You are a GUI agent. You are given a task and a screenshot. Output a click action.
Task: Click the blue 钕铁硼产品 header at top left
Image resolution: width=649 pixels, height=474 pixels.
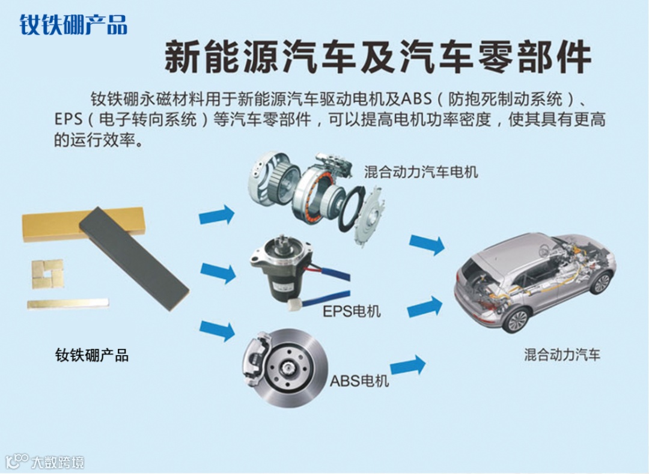[x=73, y=25]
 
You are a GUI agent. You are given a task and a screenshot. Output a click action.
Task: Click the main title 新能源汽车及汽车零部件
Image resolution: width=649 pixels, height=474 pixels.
[x=377, y=57]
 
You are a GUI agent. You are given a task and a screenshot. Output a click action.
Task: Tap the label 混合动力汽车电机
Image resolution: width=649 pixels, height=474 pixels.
[x=421, y=172]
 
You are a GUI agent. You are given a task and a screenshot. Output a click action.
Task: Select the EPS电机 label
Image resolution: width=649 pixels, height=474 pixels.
[x=352, y=311]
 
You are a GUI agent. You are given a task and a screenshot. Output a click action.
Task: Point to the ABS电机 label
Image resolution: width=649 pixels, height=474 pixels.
[x=359, y=380]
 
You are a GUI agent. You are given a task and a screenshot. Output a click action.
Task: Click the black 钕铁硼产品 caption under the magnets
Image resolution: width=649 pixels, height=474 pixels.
[x=92, y=355]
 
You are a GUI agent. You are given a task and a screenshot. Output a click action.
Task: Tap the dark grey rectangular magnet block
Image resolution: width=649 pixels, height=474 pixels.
[x=133, y=258]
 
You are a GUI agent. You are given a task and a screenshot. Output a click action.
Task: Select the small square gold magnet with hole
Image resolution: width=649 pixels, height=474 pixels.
[x=47, y=274]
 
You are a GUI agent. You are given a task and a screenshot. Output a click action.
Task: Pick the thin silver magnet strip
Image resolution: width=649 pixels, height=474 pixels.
[x=68, y=304]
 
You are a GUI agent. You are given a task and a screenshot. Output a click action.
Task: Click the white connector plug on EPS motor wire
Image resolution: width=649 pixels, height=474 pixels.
[x=295, y=306]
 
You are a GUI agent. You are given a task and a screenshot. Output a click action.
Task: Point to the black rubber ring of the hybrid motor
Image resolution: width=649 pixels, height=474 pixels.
[x=352, y=209]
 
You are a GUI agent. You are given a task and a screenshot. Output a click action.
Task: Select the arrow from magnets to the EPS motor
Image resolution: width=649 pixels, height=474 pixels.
[x=218, y=272]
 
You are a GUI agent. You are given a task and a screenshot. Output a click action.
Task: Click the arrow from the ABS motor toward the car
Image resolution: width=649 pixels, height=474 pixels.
[x=407, y=365]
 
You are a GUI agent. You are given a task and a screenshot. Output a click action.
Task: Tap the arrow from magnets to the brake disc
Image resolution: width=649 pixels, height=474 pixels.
[x=218, y=330]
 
